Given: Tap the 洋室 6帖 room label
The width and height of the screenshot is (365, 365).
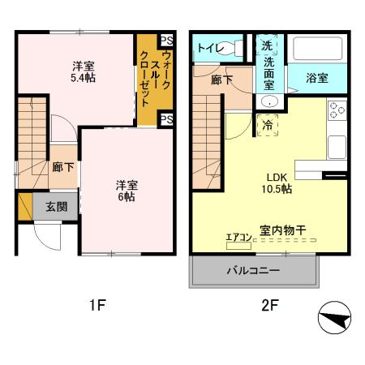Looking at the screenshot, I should tap(124, 190).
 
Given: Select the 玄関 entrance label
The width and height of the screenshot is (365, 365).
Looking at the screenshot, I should tap(57, 207).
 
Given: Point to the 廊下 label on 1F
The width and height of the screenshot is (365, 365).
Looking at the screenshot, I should tap(63, 167).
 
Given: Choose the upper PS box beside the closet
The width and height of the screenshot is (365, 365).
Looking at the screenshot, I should tap(166, 41).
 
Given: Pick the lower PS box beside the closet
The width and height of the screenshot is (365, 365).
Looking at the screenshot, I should tap(166, 119).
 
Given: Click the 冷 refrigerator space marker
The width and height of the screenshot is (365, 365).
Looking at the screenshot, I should tap(268, 124).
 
